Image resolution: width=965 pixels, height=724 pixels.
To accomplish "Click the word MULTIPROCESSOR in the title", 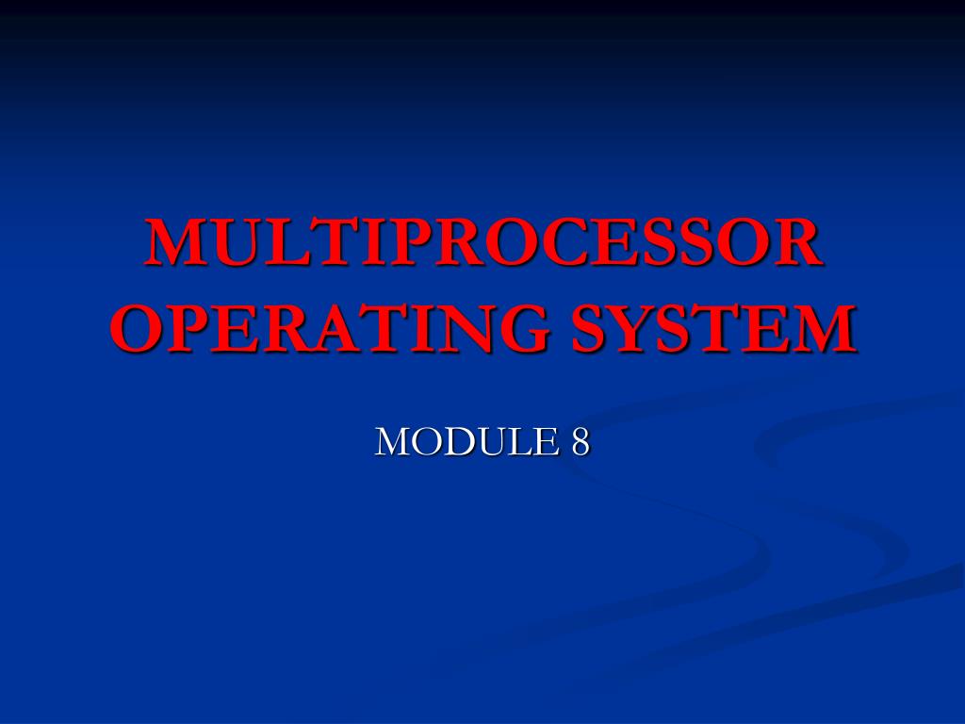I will pos(482,243).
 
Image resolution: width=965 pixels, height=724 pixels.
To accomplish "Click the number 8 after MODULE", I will pos(580,441).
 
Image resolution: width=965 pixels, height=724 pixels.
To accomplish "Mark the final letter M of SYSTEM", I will pos(821,329).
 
